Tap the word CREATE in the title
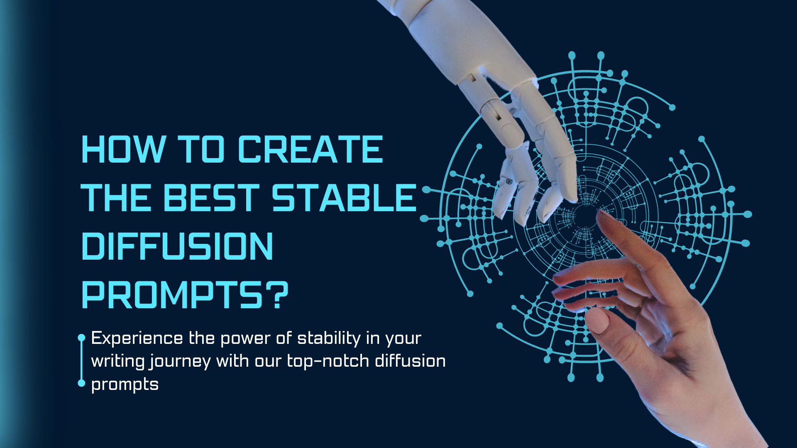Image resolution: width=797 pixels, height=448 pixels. pos(310,149)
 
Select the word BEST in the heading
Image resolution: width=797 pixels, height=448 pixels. pos(212,197)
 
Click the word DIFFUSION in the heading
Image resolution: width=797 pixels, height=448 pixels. pos(178,246)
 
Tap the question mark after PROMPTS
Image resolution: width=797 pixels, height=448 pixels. pos(276,295)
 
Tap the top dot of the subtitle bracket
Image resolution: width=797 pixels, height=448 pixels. pos(81,338)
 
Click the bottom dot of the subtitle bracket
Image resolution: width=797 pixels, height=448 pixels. pos(81,383)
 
